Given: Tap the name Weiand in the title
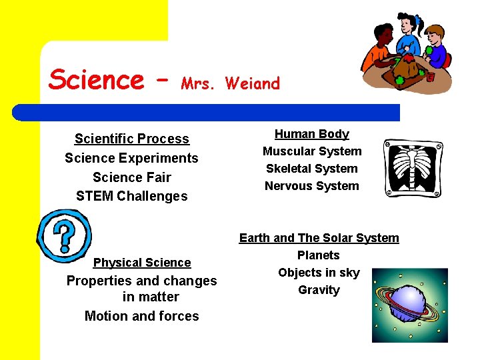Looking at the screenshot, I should [x=253, y=83].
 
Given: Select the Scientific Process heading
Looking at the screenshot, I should [x=132, y=139].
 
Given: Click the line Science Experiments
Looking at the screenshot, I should [x=131, y=158].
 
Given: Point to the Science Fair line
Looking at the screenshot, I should [x=132, y=177].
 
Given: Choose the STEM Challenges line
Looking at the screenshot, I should [x=132, y=196].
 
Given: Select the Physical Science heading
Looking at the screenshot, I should [x=142, y=263].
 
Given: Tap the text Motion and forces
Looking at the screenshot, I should [x=142, y=316].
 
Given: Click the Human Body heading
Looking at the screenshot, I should [x=312, y=134].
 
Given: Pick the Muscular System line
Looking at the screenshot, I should [x=312, y=151].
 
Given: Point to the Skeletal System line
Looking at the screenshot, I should [x=312, y=169].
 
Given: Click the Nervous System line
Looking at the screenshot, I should [x=312, y=186].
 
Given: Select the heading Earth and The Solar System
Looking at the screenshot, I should [x=319, y=238].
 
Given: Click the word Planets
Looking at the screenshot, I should [x=319, y=255].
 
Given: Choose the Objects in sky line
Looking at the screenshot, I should [x=319, y=273].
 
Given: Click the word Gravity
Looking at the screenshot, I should [x=319, y=290].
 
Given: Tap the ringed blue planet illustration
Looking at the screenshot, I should [x=410, y=305].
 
